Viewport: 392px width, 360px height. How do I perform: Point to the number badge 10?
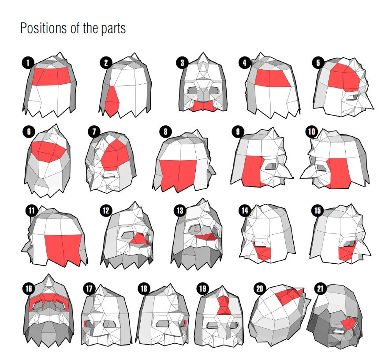coord(312,132)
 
